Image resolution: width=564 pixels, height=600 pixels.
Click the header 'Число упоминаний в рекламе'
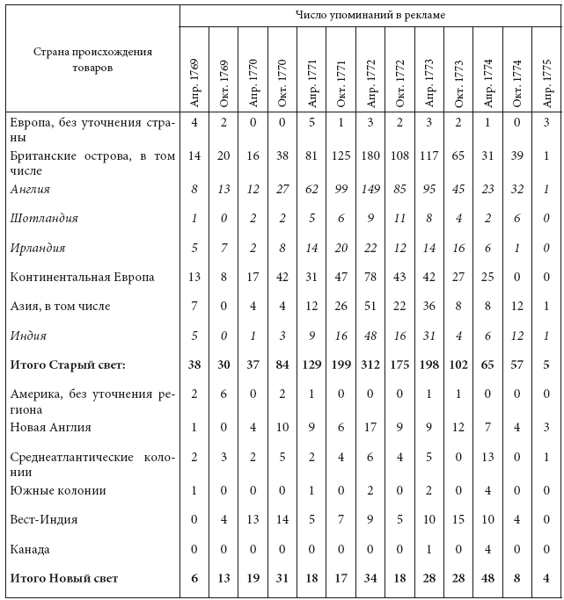(x=370, y=15)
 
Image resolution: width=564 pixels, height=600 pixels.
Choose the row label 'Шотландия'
(x=45, y=218)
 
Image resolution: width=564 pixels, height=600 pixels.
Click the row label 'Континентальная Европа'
(x=83, y=277)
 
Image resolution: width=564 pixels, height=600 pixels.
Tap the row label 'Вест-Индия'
(x=44, y=519)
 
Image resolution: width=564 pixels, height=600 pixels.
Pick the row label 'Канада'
(x=30, y=549)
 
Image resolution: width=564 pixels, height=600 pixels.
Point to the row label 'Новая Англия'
(x=51, y=427)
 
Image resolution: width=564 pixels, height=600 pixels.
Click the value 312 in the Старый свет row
(x=370, y=364)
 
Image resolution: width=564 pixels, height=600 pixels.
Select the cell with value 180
(x=370, y=156)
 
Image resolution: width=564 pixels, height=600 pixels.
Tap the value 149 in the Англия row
(x=370, y=189)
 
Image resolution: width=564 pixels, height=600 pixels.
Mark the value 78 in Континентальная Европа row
(x=370, y=277)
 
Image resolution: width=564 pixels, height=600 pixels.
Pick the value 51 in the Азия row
(x=370, y=306)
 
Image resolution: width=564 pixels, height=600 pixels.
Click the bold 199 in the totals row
(x=341, y=364)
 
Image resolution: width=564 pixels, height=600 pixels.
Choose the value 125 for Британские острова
(x=341, y=156)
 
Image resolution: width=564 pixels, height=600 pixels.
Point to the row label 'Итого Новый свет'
(x=63, y=578)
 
